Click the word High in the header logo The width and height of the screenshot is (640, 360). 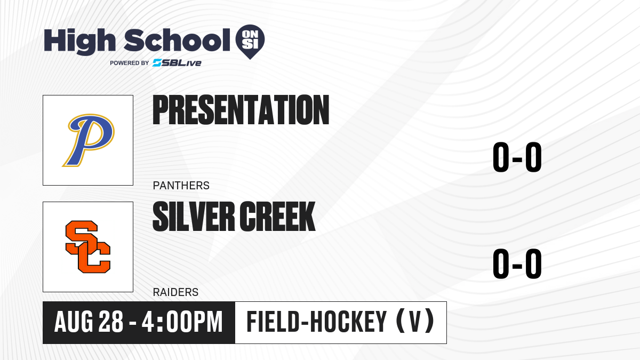click(79, 41)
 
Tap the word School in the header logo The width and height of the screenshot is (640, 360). click(177, 40)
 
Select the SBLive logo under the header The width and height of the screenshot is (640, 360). click(177, 63)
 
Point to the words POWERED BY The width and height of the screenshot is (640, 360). click(130, 63)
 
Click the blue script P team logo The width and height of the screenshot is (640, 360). click(89, 140)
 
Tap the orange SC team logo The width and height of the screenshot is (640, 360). click(88, 247)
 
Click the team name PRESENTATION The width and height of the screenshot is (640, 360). click(241, 110)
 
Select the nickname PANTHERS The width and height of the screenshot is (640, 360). click(181, 186)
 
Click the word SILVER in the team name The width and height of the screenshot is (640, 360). click(194, 217)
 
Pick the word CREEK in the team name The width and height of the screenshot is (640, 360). click(277, 217)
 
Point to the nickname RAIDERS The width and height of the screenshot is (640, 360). click(175, 292)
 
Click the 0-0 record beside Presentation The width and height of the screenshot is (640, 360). click(517, 157)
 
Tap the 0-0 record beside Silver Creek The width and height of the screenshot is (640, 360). click(517, 263)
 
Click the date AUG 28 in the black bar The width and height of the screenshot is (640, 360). click(89, 322)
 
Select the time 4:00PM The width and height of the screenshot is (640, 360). click(182, 322)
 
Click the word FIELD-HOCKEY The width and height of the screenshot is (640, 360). click(317, 322)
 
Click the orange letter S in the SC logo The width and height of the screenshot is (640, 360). click(82, 237)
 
